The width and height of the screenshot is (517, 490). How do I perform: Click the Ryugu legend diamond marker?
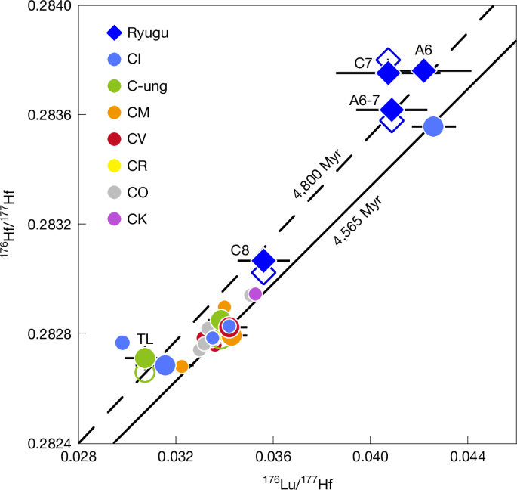[114, 33]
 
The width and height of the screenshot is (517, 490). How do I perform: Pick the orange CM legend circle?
[114, 113]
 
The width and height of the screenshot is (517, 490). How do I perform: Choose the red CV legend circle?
[114, 139]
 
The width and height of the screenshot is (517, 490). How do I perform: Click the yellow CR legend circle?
[114, 166]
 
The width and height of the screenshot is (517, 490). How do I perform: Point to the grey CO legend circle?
[114, 192]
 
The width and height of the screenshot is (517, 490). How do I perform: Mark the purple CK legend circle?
[114, 219]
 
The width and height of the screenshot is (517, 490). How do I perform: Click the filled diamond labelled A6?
[424, 70]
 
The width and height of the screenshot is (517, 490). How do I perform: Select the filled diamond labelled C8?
[263, 261]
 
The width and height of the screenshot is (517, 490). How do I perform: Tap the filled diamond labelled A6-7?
[391, 110]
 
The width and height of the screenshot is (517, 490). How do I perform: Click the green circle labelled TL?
[145, 358]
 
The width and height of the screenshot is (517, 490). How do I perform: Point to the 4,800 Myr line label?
[318, 174]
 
